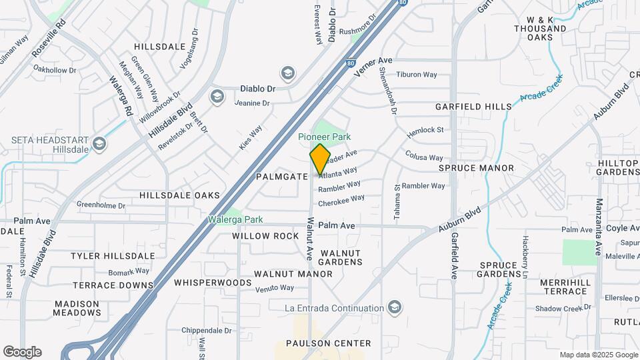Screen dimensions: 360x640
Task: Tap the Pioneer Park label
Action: (324, 137)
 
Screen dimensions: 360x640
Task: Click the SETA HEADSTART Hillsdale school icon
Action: (99, 143)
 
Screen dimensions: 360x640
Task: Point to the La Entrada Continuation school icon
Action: (395, 307)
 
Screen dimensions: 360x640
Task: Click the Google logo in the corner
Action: (22, 351)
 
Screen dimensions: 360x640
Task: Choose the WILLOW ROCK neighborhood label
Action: (265, 236)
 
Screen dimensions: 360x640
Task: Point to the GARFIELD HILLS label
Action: (473, 107)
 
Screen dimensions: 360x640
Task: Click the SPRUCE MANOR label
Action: (476, 168)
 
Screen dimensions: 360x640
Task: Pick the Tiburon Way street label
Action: (416, 75)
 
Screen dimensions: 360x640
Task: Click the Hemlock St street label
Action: (425, 131)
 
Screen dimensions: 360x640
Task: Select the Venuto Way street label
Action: (275, 288)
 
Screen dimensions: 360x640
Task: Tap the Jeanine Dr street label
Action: (252, 103)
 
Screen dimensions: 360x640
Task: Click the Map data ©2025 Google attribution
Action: (598, 355)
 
